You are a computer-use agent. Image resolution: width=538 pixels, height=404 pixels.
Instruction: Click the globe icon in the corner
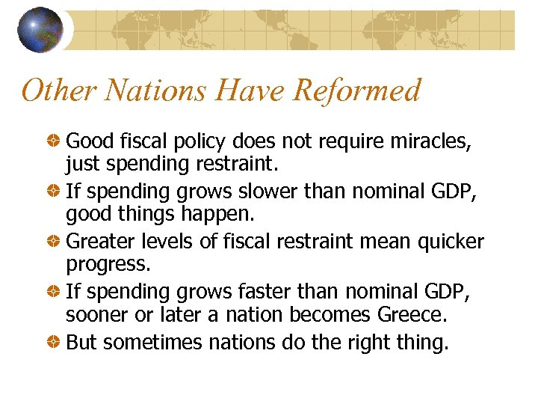click(40, 30)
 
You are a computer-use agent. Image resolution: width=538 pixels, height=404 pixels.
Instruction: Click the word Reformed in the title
click(357, 91)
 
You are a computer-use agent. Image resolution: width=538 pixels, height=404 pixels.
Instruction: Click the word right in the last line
click(373, 343)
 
